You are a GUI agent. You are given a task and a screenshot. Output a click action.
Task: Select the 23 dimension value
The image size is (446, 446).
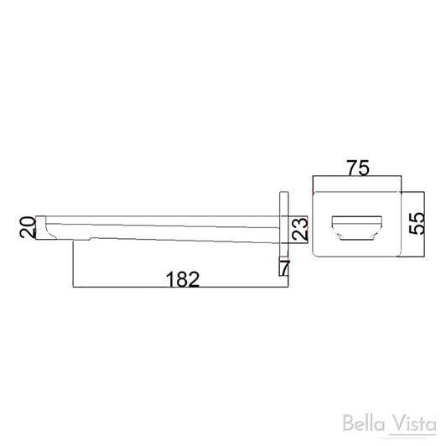[299, 229]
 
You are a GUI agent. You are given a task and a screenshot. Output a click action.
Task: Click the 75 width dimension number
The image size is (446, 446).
[358, 168]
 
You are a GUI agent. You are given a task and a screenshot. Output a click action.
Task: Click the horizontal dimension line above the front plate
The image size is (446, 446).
[357, 177]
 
